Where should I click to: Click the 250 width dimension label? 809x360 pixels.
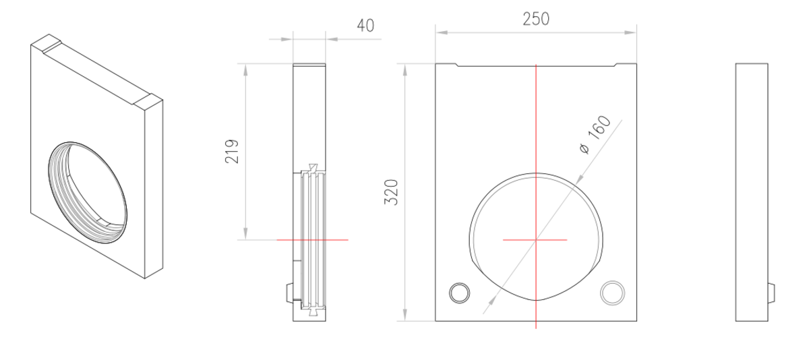click(536, 19)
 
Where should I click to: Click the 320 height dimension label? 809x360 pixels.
click(391, 192)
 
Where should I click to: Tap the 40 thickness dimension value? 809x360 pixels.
click(365, 26)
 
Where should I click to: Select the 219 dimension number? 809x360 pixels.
click(231, 151)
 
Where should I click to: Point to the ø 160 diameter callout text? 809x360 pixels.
click(595, 134)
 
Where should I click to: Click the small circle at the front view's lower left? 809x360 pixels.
click(459, 293)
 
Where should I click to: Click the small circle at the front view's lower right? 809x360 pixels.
click(612, 293)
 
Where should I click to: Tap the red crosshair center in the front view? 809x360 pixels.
click(536, 240)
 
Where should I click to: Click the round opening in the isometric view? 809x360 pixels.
click(88, 192)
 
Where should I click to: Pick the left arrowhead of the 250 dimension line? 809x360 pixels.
click(442, 32)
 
